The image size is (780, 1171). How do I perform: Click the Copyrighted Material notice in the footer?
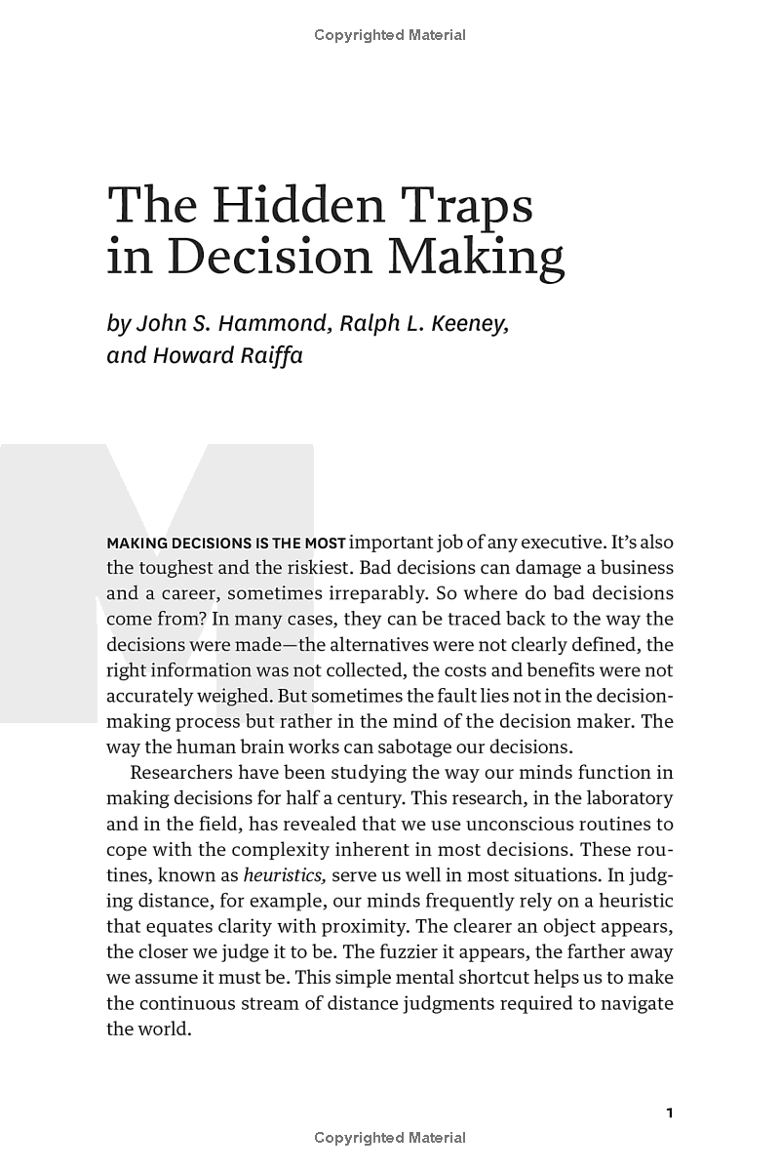pyautogui.click(x=390, y=1138)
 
